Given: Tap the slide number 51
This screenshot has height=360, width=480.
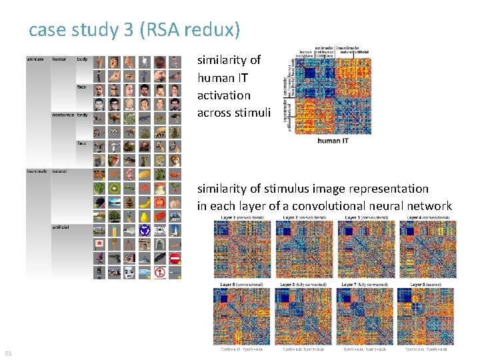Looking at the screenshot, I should click(x=8, y=353).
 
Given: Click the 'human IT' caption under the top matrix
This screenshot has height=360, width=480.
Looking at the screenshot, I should click(x=333, y=141).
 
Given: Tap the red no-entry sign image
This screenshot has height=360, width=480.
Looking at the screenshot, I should click(x=175, y=258).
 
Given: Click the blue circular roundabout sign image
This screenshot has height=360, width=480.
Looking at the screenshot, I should click(x=145, y=230).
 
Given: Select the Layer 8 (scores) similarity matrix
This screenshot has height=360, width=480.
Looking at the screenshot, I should click(x=427, y=317).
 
